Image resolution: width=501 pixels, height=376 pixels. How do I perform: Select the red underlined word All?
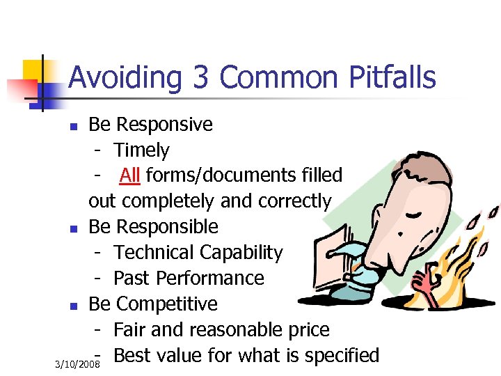(129, 175)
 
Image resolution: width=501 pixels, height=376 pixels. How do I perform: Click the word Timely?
(141, 150)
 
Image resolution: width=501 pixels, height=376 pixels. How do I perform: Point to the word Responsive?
(164, 125)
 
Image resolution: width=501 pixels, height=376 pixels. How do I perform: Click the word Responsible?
(167, 227)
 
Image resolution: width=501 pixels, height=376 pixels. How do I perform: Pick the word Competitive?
(167, 304)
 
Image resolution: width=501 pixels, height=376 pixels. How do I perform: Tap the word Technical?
(153, 253)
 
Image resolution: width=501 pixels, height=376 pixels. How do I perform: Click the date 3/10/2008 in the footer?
(78, 365)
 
